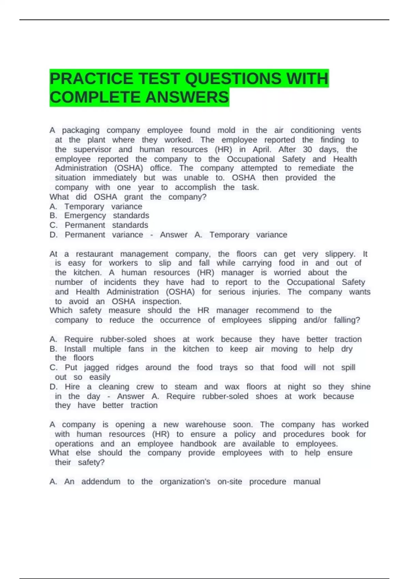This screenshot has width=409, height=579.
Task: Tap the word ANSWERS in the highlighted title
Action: pos(187,97)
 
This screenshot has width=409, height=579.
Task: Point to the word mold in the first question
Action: pos(226,130)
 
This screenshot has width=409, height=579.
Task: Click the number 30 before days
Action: pos(307,150)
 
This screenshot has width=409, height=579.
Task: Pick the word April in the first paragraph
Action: pos(262,150)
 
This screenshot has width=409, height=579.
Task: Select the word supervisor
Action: pos(92,150)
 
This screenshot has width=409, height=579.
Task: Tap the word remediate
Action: pos(316,168)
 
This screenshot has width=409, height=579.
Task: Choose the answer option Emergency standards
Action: pos(107,216)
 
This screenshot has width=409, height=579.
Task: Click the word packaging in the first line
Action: pos(81,130)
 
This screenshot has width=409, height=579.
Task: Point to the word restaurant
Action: pos(94,254)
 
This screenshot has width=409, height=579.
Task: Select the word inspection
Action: pos(162,301)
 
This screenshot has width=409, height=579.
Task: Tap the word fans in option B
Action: pos(136,349)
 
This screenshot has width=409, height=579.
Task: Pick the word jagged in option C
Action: pos(96,367)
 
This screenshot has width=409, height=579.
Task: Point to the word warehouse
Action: pos(206,425)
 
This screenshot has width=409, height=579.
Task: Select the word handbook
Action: pos(198,444)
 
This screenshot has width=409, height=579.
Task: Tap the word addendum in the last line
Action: pos(101,482)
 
